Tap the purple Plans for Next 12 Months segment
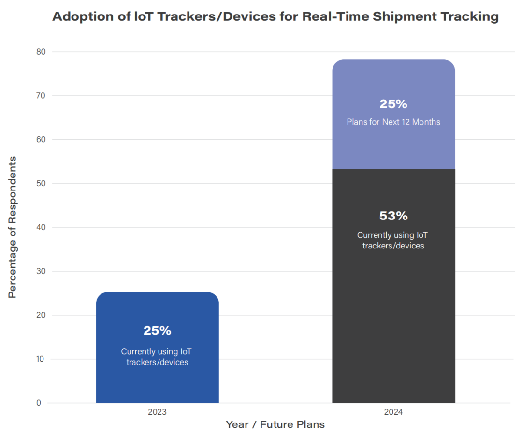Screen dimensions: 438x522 point(393,145)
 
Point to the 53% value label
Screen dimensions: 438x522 point(393,216)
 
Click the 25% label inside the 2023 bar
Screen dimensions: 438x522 point(158,331)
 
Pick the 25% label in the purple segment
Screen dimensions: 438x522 point(393,104)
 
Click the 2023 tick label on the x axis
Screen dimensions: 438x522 point(158,412)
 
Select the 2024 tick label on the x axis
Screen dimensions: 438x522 point(393,412)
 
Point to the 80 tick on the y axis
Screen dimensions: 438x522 point(41,52)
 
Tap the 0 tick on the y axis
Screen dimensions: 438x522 point(39,403)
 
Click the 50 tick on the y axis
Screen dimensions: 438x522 point(41,183)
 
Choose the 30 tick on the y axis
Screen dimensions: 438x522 point(41,271)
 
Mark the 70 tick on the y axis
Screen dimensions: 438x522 point(41,96)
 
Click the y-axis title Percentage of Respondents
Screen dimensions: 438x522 point(13,227)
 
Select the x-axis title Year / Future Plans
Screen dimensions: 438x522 point(275,425)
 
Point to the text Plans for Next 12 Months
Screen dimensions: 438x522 point(393,122)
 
